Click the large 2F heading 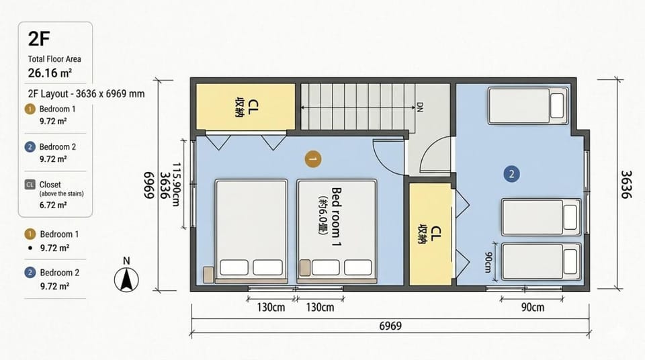pos(39,39)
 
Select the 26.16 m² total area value pos(50,73)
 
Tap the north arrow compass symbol pos(126,279)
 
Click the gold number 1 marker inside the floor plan pos(313,159)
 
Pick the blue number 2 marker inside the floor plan pos(511,174)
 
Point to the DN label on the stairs pos(419,107)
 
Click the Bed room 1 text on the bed pos(337,217)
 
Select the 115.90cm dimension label pos(176,184)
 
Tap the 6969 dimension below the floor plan pos(390,326)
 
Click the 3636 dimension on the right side pos(626,184)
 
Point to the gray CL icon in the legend pos(30,185)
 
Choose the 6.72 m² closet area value pos(54,205)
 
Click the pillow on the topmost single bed pos(556,105)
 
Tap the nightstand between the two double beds pos(305,267)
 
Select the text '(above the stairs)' pos(61,193)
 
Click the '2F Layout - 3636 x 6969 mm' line pos(87,94)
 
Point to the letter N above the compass pos(126,261)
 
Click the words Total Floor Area pos(54,59)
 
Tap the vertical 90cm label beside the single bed pos(488,262)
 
